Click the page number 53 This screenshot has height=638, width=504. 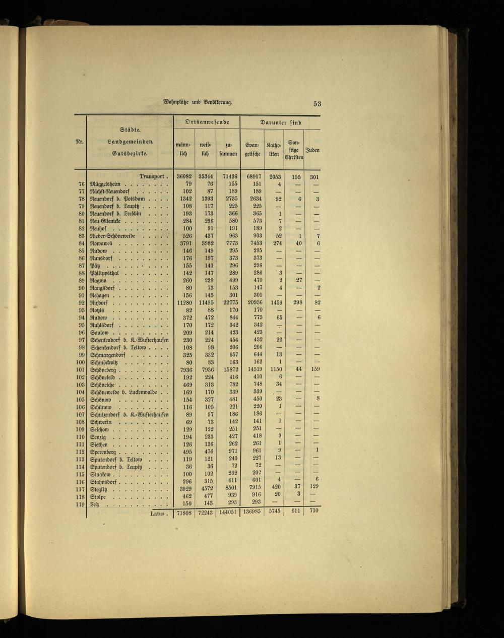coord(317,104)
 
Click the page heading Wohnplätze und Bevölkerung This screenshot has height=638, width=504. coord(198,103)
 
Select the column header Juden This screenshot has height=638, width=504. coord(312,150)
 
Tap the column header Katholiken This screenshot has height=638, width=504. coord(274,150)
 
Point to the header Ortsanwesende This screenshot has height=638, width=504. coord(207,122)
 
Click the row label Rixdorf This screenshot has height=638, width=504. coord(100,303)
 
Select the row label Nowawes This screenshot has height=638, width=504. coord(103,244)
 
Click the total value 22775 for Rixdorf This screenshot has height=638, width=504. coord(228,303)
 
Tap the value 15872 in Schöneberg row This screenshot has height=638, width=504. coord(228,369)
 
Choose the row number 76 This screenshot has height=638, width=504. coord(81,184)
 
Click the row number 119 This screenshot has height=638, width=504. coord(80,503)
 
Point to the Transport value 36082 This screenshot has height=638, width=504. coord(185,177)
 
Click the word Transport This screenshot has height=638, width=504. coord(153,177)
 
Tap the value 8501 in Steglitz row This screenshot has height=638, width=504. coord(229,488)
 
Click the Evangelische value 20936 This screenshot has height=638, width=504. coord(252,303)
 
